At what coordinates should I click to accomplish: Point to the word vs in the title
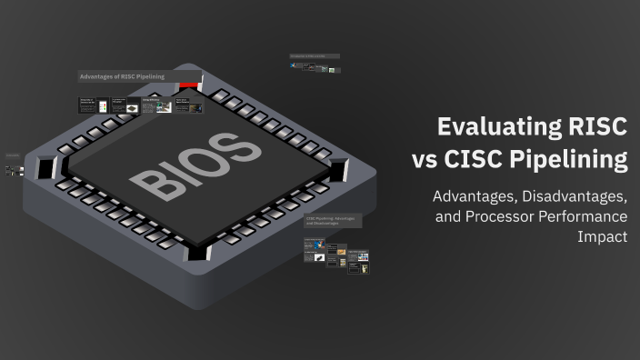point(425,162)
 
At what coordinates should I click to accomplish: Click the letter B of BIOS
point(150,183)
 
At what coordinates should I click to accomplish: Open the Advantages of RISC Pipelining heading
point(122,77)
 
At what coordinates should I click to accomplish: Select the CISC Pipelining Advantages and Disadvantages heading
point(333,221)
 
